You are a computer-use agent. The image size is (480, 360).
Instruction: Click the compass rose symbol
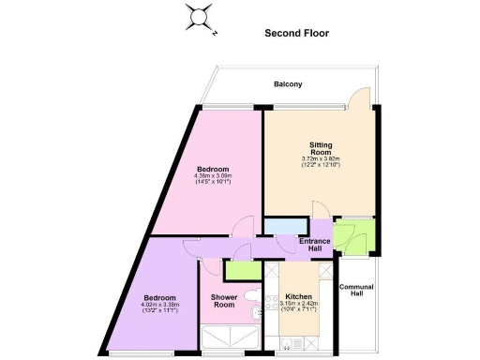coord(200,18)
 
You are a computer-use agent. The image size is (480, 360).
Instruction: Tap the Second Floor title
coord(295,32)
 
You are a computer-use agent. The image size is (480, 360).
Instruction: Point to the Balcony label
coord(288,84)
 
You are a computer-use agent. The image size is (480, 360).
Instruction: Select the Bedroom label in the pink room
coord(213,169)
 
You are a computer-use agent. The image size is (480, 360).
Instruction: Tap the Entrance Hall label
coord(314,245)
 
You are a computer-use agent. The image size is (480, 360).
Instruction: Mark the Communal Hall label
coord(355,292)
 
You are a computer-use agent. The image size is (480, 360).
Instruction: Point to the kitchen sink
coord(273,300)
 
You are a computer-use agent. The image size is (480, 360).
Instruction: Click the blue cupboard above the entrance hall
coord(285,226)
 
